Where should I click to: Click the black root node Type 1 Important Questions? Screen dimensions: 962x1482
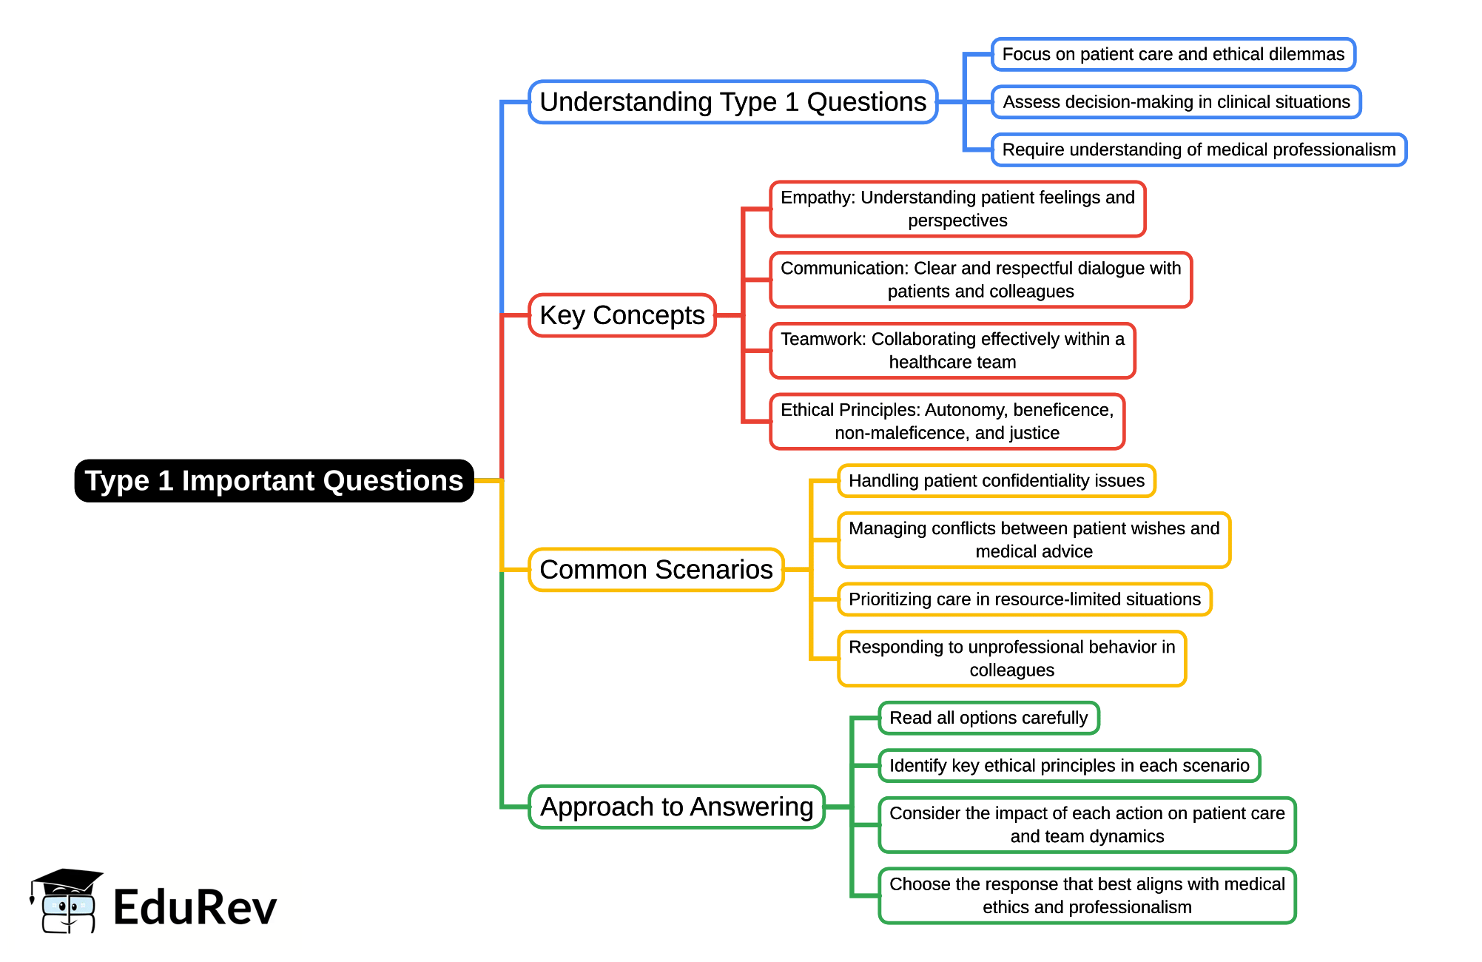(x=274, y=481)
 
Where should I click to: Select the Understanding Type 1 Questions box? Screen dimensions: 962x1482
(x=732, y=102)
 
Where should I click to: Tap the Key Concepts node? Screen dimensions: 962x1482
(x=622, y=315)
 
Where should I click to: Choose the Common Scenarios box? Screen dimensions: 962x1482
(x=656, y=570)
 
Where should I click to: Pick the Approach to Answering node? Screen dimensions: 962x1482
(x=676, y=807)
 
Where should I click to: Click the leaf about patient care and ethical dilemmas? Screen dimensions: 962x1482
(x=1173, y=55)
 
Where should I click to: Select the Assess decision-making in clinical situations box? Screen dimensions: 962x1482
(x=1176, y=102)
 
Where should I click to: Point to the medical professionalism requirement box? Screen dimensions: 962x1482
(x=1198, y=150)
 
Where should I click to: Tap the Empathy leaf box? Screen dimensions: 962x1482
(x=957, y=209)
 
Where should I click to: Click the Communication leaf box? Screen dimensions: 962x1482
(x=980, y=280)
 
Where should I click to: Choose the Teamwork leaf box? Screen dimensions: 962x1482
(x=952, y=351)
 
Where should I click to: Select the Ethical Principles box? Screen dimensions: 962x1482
(x=947, y=422)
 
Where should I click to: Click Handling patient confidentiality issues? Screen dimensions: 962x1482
(x=996, y=481)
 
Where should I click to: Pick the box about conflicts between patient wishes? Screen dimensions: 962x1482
(x=1034, y=540)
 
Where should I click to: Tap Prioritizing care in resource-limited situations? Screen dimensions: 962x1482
(x=1024, y=599)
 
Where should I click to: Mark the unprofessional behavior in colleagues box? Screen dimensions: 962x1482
(x=1011, y=659)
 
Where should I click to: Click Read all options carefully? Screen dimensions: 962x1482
(x=988, y=718)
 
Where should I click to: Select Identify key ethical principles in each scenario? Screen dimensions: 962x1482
(x=1069, y=766)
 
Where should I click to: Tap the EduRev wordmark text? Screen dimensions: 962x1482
(x=195, y=908)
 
